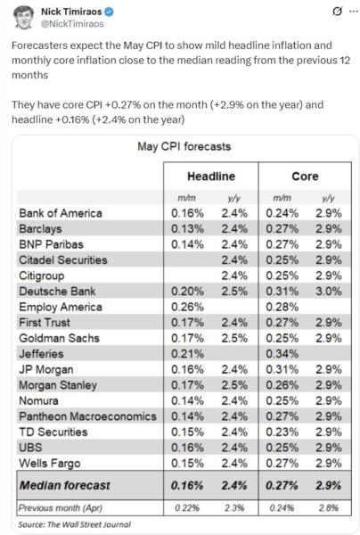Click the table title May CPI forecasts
(181, 146)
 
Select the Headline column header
(210, 177)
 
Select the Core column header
(304, 177)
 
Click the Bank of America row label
(60, 214)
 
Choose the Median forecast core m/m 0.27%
(282, 484)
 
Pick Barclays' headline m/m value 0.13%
(188, 229)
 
